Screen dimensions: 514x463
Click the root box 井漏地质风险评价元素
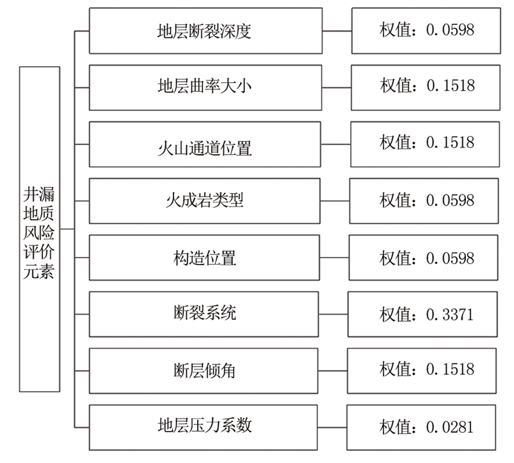(x=40, y=229)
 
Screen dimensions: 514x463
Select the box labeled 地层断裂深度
(x=206, y=31)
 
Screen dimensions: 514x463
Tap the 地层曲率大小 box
(x=205, y=87)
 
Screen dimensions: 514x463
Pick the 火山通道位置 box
(x=205, y=144)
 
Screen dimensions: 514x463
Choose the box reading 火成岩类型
(x=204, y=201)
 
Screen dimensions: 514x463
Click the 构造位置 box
(x=204, y=258)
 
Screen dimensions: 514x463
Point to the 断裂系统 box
(x=204, y=314)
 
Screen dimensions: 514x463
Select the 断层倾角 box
(x=203, y=371)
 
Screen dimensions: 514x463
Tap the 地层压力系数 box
(x=203, y=428)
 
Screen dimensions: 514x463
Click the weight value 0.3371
(x=450, y=315)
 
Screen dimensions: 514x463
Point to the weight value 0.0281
(x=450, y=427)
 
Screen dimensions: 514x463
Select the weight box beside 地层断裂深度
(x=426, y=31)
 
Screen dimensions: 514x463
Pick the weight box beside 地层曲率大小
(x=425, y=87)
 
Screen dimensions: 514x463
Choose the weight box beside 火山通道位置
(x=425, y=144)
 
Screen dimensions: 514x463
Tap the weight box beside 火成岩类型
(x=424, y=201)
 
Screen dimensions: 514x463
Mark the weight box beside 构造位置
(x=423, y=258)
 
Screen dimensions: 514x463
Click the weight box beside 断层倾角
(x=421, y=371)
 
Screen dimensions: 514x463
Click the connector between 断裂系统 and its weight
(x=333, y=314)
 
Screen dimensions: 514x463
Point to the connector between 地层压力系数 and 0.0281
(x=332, y=428)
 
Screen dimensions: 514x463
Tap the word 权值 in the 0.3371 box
(x=395, y=315)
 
